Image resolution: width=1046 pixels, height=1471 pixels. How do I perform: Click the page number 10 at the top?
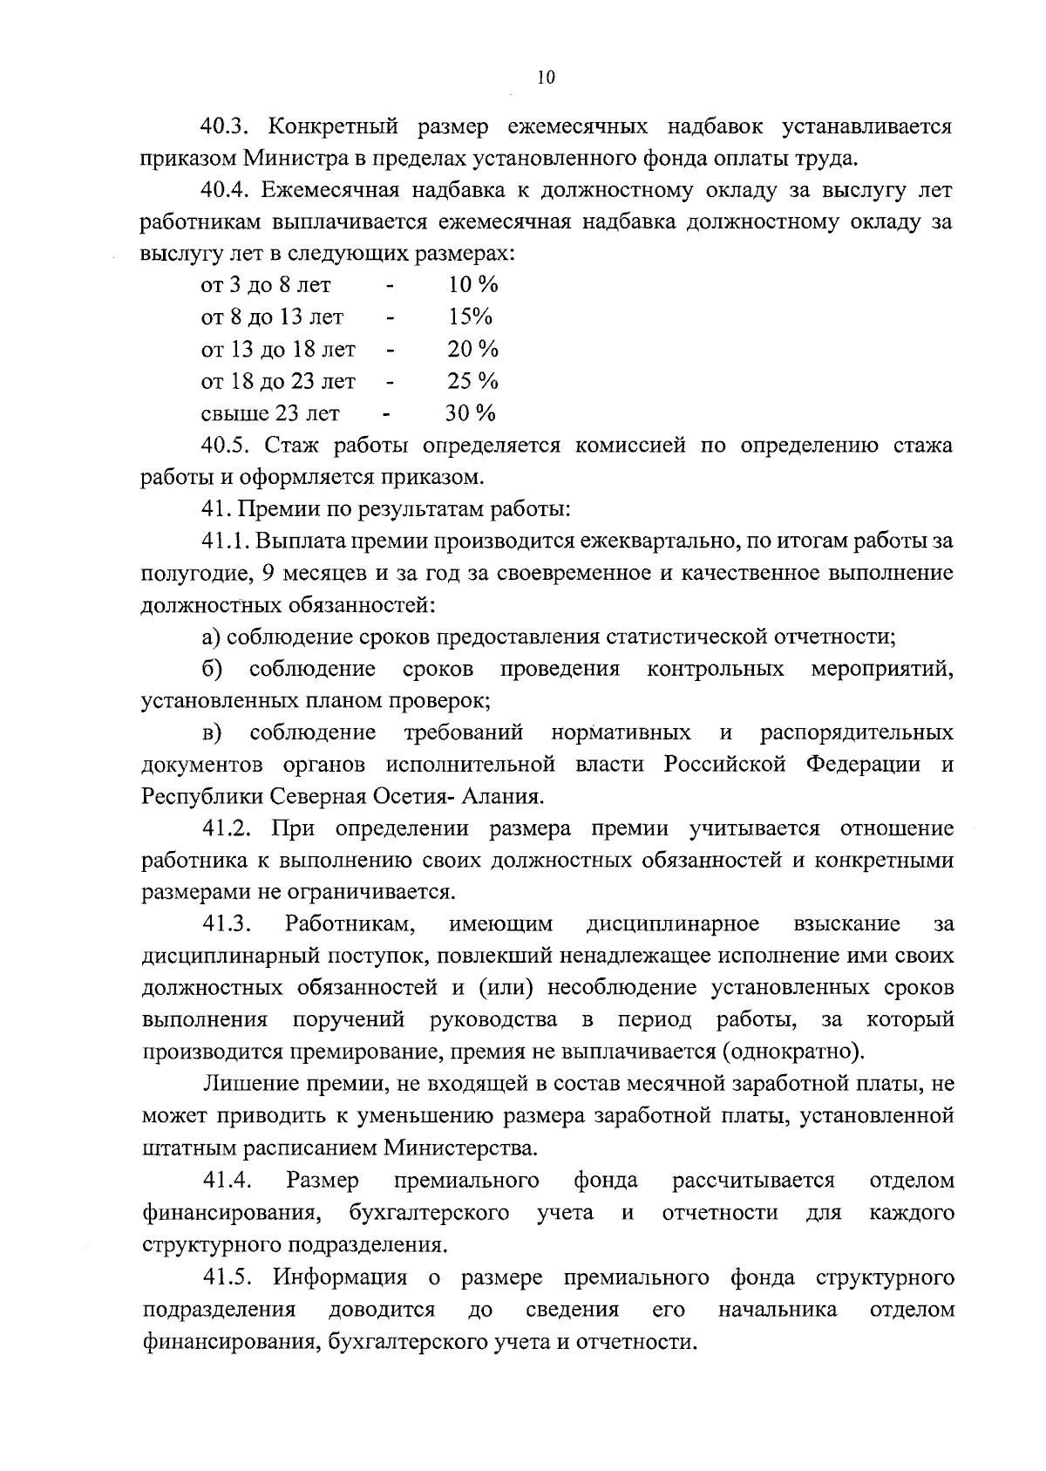click(546, 78)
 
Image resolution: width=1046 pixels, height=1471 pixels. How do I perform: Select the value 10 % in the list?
click(472, 285)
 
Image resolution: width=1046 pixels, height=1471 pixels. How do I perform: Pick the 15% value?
click(470, 317)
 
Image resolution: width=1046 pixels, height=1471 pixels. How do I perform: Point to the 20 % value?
click(472, 350)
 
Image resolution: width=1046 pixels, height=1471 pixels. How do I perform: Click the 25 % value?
click(472, 382)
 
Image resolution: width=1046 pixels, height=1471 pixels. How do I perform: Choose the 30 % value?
click(471, 413)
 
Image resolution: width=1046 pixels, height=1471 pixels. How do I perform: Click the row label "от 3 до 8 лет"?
click(266, 285)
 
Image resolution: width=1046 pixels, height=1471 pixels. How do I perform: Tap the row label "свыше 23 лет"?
click(270, 413)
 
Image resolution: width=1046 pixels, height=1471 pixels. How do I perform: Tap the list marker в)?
click(212, 733)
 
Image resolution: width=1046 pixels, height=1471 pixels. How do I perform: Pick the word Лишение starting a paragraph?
click(243, 1084)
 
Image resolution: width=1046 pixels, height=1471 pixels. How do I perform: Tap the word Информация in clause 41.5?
click(340, 1278)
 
